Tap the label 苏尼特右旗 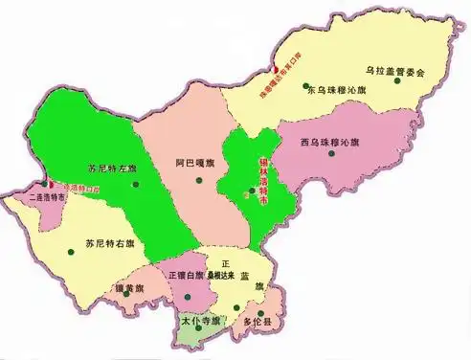[x=108, y=243]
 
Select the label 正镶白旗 [x=186, y=275]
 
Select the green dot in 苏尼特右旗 [x=71, y=251]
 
